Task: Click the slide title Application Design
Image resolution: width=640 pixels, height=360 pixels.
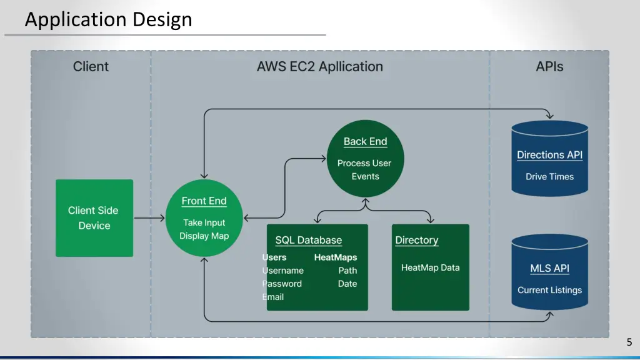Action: [108, 19]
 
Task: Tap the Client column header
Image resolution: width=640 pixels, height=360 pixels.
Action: [91, 66]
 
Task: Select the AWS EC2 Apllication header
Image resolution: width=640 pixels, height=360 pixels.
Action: [319, 66]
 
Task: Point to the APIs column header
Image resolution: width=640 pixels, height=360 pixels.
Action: [549, 66]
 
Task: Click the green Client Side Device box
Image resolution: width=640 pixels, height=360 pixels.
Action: [94, 218]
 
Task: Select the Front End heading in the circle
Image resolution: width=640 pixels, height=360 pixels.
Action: [204, 201]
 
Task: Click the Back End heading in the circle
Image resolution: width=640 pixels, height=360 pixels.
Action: [365, 141]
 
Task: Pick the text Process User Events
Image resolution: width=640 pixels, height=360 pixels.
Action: [364, 169]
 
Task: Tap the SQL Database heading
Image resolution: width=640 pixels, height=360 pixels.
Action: [309, 240]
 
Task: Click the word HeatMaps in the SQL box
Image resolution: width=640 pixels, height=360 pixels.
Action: [336, 257]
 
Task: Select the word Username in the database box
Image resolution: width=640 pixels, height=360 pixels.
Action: [283, 271]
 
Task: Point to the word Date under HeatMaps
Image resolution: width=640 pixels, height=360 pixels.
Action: [347, 284]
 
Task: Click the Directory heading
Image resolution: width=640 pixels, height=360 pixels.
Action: [416, 240]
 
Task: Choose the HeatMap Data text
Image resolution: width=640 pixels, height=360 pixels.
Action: [430, 267]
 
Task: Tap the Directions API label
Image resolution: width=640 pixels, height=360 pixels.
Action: [549, 155]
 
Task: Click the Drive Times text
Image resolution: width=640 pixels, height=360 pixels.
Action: [549, 177]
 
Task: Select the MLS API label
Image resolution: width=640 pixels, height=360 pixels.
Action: [549, 268]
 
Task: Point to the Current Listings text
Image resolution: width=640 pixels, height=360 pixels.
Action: [549, 290]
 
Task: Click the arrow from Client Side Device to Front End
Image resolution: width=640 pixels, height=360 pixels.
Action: [149, 218]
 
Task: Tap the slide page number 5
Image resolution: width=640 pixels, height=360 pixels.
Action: [629, 342]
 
